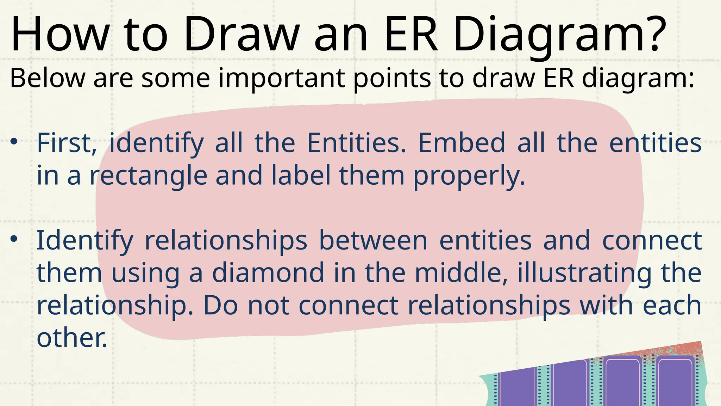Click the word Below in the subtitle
[x=48, y=78]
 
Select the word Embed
[x=461, y=143]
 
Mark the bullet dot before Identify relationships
[x=14, y=239]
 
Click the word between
[x=373, y=240]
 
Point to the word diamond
[x=268, y=273]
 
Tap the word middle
[x=461, y=273]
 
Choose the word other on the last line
[x=71, y=338]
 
